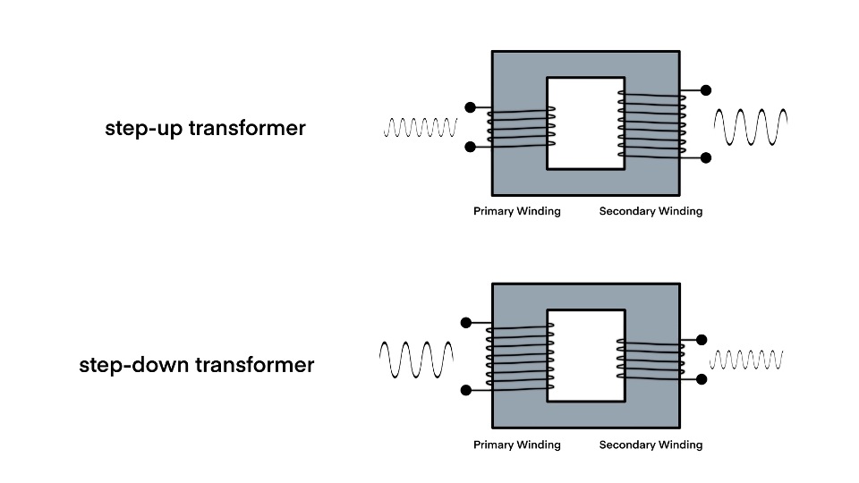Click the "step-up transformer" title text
[205, 128]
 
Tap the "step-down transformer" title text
[197, 365]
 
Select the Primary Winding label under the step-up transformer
[517, 212]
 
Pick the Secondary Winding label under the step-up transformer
[651, 212]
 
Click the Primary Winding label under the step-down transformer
[517, 445]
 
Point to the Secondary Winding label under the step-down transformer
[651, 445]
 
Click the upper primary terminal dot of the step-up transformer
[471, 107]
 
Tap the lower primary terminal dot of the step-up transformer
[471, 147]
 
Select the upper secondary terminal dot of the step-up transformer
[706, 90]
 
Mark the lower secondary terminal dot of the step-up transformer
[706, 157]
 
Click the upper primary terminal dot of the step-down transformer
[465, 323]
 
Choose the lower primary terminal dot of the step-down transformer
[465, 390]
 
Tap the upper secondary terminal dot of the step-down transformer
[702, 340]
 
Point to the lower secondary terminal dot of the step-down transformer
[702, 379]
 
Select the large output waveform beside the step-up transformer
[751, 127]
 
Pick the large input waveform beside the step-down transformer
[417, 359]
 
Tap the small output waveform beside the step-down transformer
[747, 360]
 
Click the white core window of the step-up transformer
[585, 123]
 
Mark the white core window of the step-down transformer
[585, 355]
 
